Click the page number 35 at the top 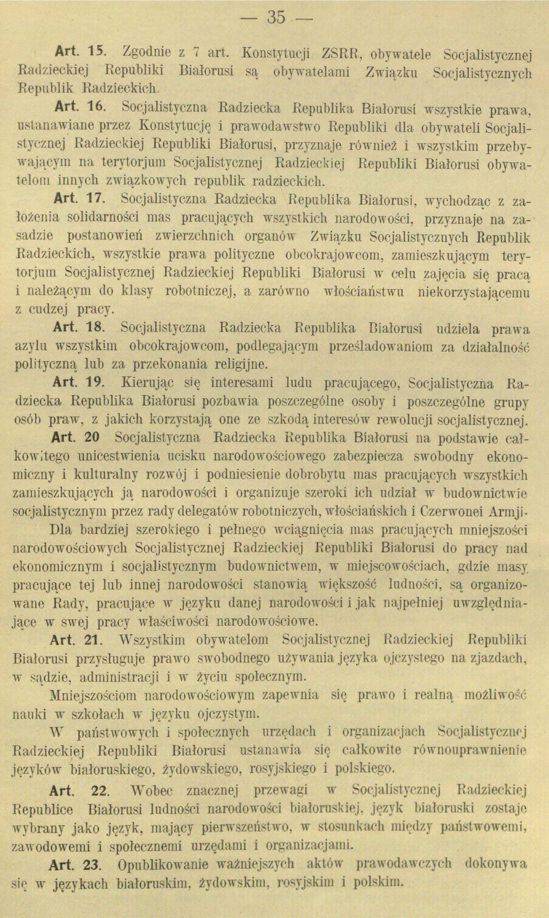[x=274, y=18]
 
